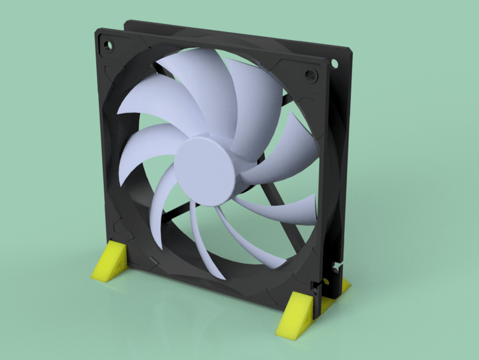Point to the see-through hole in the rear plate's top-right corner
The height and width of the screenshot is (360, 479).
click(334, 64)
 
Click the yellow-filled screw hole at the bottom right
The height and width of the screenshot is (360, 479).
click(326, 282)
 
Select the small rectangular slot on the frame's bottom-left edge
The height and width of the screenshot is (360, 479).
click(154, 262)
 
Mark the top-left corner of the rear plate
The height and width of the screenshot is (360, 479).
click(126, 23)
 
